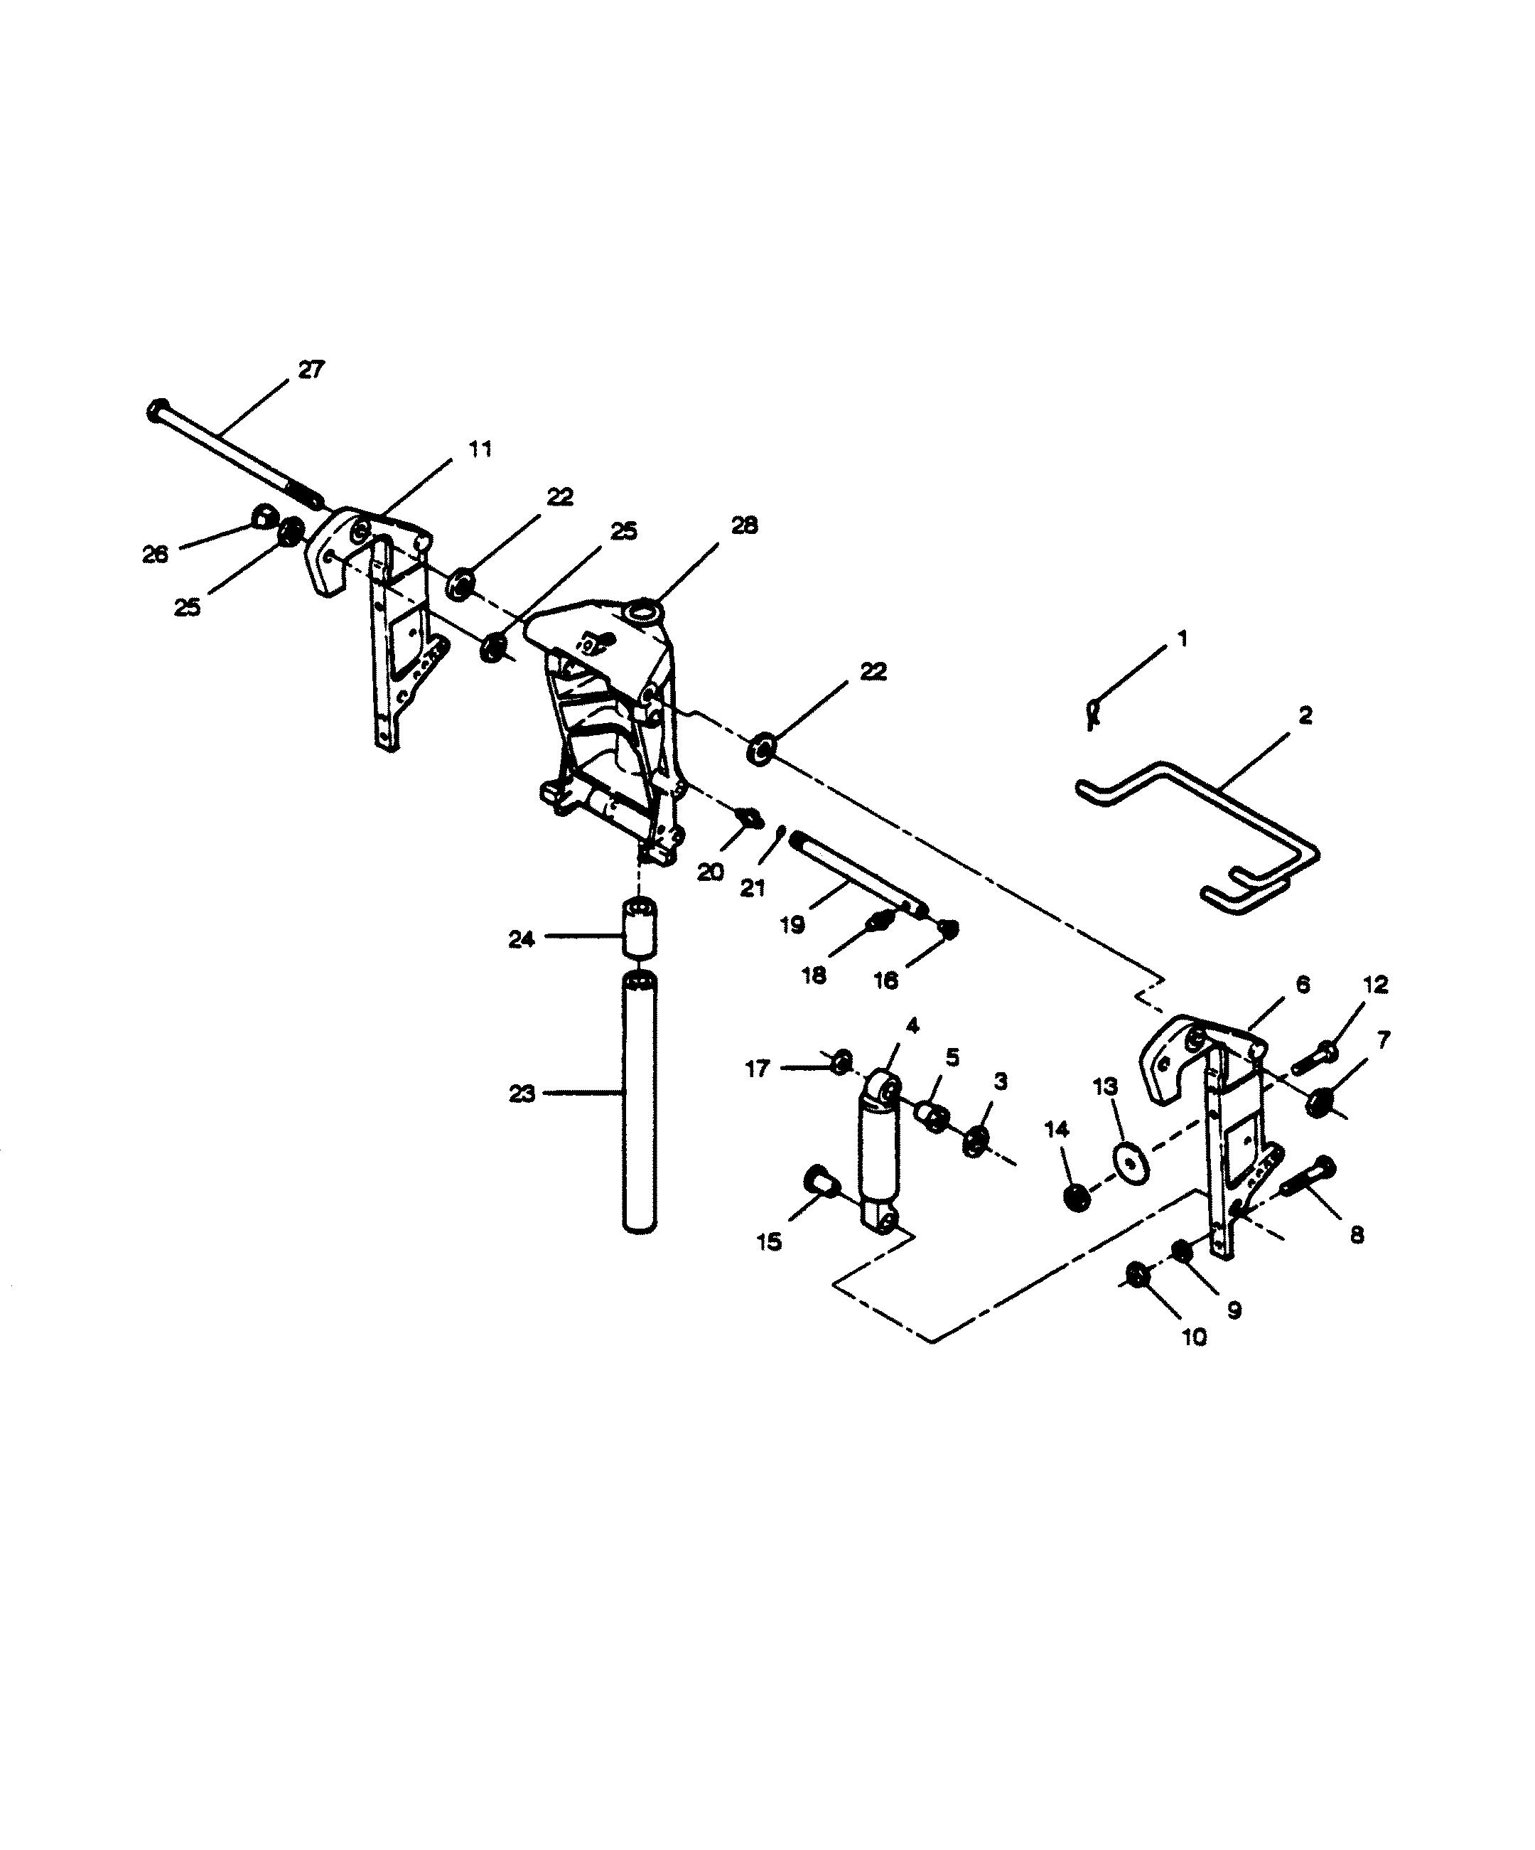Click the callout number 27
click(311, 370)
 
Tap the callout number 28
click(743, 526)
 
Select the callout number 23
click(522, 1094)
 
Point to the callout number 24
click(522, 940)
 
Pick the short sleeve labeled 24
click(640, 929)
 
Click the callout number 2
click(1305, 715)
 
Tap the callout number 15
click(769, 1242)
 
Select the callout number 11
click(479, 449)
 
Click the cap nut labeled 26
click(262, 515)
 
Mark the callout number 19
click(792, 925)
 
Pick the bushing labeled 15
click(821, 1179)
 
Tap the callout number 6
click(1303, 984)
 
